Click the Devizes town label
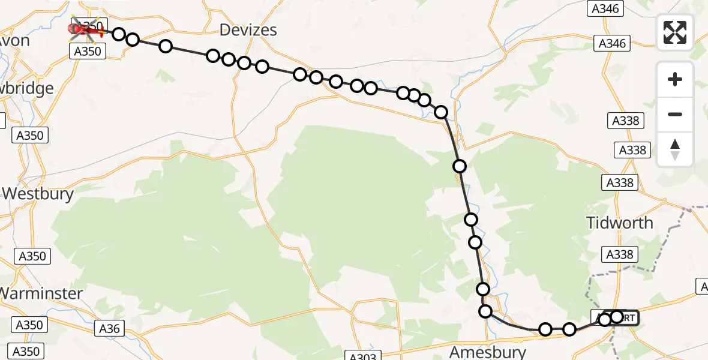click(x=248, y=29)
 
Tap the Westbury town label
click(x=38, y=194)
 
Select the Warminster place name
click(x=41, y=293)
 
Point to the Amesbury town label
click(x=488, y=352)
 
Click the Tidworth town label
click(x=620, y=223)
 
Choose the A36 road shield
click(x=109, y=328)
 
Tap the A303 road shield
click(x=363, y=358)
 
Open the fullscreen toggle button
click(x=675, y=32)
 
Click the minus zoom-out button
click(x=675, y=114)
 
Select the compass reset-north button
click(x=675, y=149)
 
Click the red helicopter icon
click(x=84, y=28)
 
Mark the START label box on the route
click(x=624, y=317)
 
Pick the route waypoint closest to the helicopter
click(x=119, y=34)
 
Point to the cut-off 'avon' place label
click(x=15, y=40)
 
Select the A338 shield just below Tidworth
click(x=620, y=254)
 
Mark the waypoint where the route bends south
click(x=441, y=112)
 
